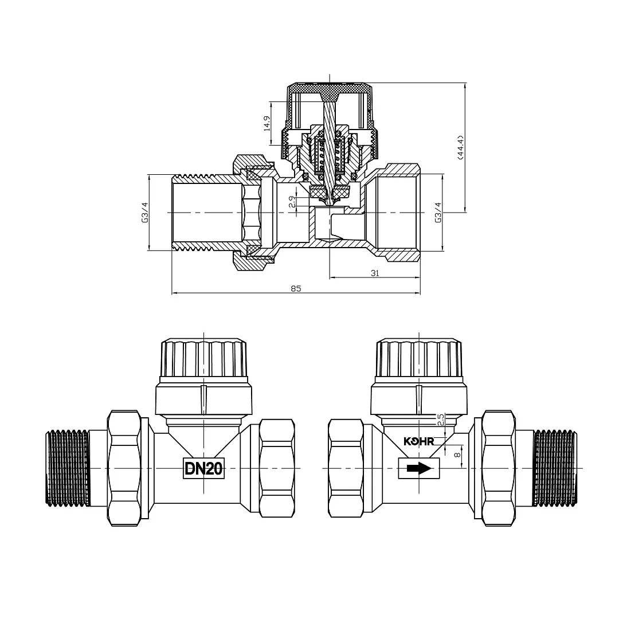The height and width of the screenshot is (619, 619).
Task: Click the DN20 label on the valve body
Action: click(203, 469)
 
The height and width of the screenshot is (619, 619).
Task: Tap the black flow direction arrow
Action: click(419, 469)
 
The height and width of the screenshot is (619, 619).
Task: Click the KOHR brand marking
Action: click(418, 441)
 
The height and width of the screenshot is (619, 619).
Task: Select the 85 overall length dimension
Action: click(296, 288)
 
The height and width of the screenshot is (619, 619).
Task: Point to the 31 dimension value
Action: click(375, 273)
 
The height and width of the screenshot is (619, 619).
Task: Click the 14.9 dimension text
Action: click(267, 123)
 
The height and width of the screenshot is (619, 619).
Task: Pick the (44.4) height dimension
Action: click(461, 147)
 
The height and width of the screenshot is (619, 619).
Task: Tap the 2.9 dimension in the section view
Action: click(292, 202)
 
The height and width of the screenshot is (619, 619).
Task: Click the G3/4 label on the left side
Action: click(145, 213)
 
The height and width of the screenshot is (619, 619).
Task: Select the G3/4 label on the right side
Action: click(438, 213)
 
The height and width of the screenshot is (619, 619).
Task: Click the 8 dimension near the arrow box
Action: click(457, 455)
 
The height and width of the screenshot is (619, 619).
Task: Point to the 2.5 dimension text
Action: click(441, 419)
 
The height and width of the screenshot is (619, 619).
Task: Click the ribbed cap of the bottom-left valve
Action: click(203, 358)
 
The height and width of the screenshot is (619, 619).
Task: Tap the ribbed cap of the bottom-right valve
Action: click(419, 358)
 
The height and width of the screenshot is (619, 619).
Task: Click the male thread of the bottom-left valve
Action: click(68, 469)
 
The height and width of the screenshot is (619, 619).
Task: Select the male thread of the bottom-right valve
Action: click(555, 469)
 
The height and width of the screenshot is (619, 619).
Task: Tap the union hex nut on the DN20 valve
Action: click(124, 468)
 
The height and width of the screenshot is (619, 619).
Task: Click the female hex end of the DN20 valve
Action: click(277, 468)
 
